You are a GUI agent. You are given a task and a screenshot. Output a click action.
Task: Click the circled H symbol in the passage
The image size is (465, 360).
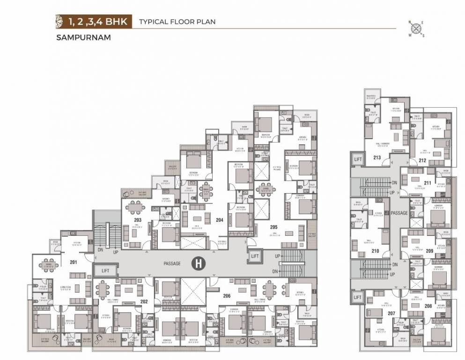click(199, 264)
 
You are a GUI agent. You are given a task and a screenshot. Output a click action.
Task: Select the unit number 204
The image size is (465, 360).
click(220, 219)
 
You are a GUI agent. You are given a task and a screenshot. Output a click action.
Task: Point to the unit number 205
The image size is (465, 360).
click(273, 227)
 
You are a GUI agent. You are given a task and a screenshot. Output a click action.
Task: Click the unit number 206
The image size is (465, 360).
click(227, 295)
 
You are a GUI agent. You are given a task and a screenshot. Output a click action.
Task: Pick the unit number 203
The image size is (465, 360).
click(137, 219)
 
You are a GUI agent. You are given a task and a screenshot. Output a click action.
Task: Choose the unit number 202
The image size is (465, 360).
click(144, 301)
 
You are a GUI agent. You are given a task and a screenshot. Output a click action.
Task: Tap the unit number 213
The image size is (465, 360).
click(377, 157)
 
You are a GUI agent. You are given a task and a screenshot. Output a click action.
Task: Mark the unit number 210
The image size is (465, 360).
click(375, 251)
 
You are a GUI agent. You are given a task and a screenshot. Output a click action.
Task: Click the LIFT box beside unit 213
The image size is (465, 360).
click(358, 159)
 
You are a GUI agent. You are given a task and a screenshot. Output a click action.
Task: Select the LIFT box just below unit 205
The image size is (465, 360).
click(255, 256)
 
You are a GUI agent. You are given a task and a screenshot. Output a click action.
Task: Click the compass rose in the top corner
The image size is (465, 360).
click(416, 29)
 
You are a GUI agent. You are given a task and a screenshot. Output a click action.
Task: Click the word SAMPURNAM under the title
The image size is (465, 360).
click(82, 38)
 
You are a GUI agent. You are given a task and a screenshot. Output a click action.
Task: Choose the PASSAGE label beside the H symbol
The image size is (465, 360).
click(172, 264)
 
